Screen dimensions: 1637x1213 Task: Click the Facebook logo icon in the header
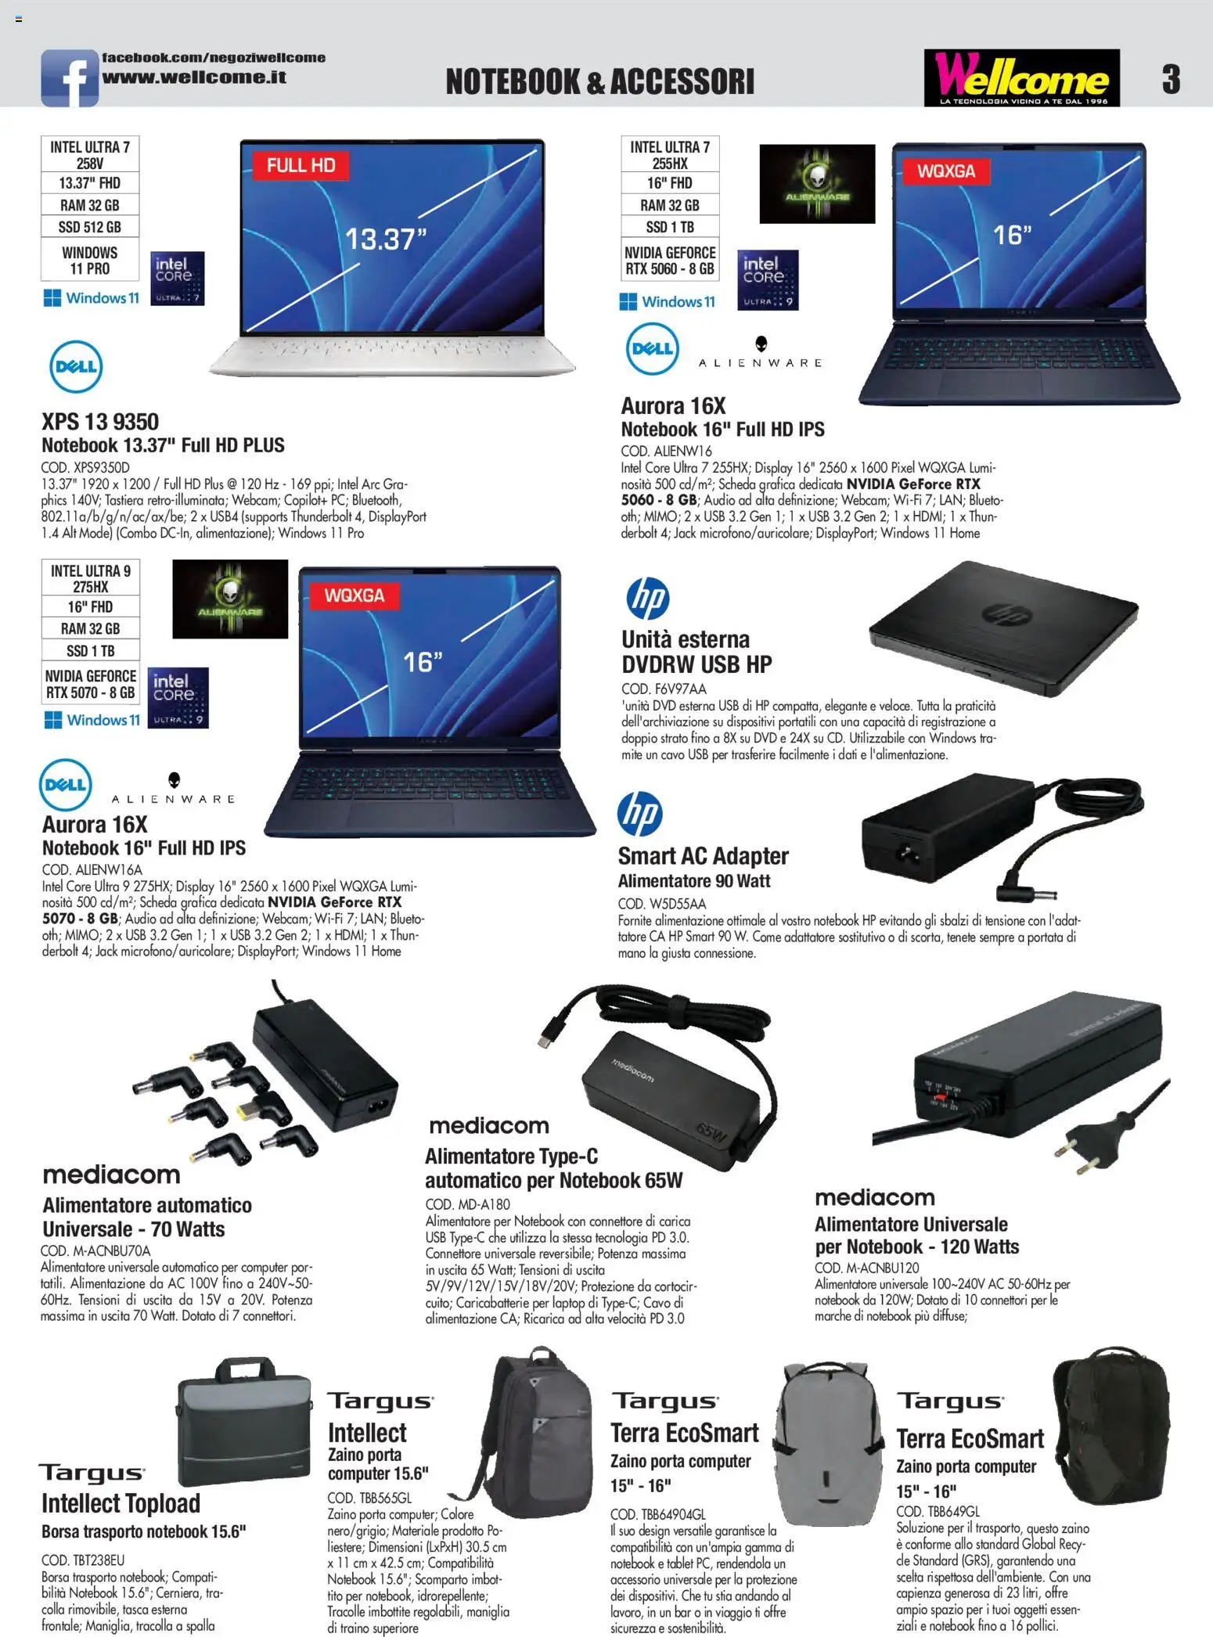(69, 77)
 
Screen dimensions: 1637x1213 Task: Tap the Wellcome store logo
(1021, 77)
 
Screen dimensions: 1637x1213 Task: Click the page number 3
(1171, 79)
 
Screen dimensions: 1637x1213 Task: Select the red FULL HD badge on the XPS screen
(301, 165)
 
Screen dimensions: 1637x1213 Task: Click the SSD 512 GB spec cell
(90, 227)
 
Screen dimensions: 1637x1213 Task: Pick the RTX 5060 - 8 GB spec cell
(670, 261)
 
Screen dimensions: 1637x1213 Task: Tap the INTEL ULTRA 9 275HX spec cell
(91, 578)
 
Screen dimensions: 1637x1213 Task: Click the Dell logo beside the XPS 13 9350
(76, 366)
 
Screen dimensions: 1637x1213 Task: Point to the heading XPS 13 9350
(100, 422)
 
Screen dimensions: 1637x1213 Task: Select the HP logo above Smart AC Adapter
(640, 813)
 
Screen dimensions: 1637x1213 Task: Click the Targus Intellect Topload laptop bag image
(243, 1422)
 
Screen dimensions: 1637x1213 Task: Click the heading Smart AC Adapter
(703, 856)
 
